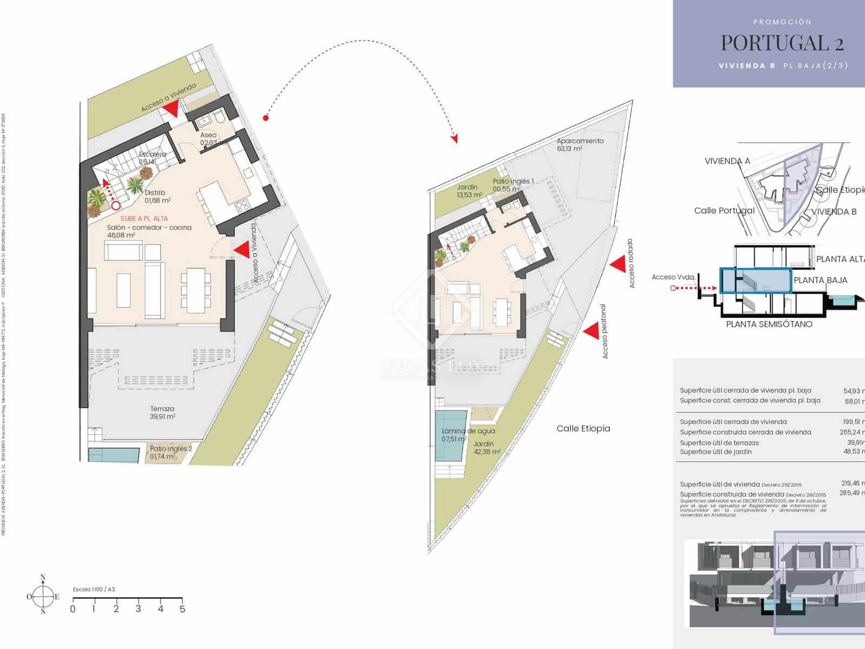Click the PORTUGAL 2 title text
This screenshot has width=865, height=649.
coord(782,42)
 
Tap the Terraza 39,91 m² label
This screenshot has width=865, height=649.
coord(162,413)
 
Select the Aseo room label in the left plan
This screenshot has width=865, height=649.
coord(208,135)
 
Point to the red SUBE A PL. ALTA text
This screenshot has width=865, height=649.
coord(144,218)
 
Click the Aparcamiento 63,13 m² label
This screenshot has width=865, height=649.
coord(580,144)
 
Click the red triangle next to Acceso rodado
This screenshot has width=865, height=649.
coord(617,263)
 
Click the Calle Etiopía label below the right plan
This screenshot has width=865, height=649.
coord(583,428)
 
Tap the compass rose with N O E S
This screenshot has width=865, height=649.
coord(43,597)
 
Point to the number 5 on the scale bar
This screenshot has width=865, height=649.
coord(182,609)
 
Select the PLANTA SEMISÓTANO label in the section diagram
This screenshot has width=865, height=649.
coord(769,324)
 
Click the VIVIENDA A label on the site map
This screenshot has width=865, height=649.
coord(727,161)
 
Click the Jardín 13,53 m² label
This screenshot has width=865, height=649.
coord(469,191)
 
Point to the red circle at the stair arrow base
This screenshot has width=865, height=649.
coord(116,206)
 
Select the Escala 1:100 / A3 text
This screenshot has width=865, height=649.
coord(94,590)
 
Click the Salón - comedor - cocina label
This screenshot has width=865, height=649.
coord(149,228)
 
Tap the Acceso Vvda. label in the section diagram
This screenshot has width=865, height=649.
coord(673,277)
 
